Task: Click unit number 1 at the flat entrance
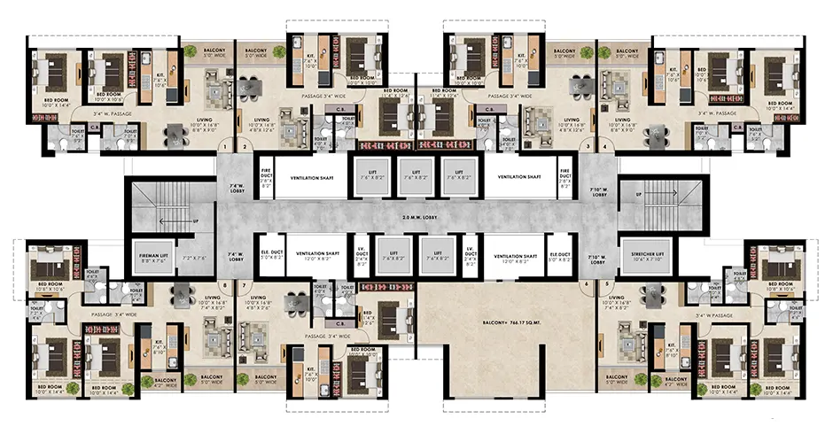click(225, 147)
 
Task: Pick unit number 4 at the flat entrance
click(606, 147)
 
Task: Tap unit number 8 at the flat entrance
click(225, 284)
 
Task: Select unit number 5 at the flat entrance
click(606, 284)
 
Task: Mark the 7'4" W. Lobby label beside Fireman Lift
click(236, 256)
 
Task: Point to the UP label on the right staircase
click(638, 193)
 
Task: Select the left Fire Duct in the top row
click(264, 177)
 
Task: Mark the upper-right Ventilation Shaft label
click(518, 177)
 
